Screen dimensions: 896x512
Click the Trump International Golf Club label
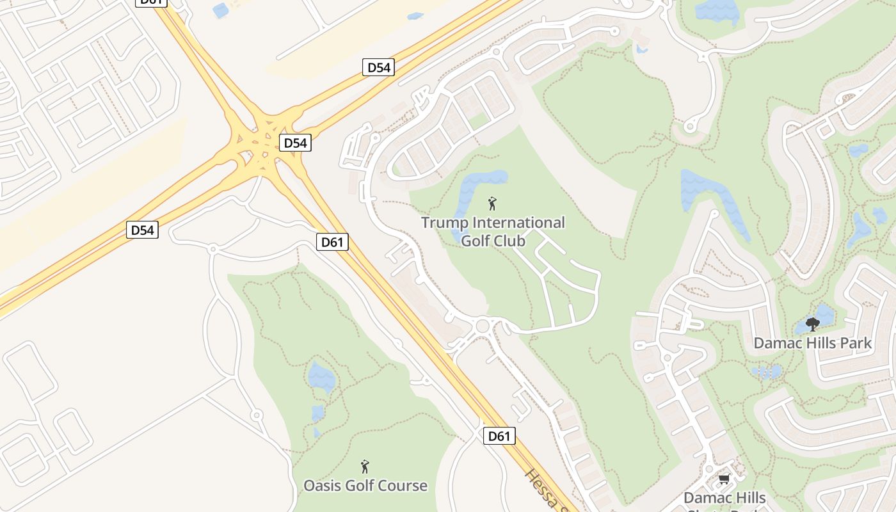point(493,232)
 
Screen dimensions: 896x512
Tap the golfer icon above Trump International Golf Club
point(492,204)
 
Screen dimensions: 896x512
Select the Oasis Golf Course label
point(365,486)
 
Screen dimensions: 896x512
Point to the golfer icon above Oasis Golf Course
point(365,466)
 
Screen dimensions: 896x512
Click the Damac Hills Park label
point(812,343)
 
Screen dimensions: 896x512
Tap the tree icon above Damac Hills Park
point(813,324)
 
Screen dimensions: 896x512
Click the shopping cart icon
point(724,479)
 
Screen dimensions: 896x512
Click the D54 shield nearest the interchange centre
point(295,143)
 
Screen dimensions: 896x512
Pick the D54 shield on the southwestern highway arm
point(142,230)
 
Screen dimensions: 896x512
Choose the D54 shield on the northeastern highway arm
point(378,67)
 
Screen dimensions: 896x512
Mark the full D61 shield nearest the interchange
point(333,242)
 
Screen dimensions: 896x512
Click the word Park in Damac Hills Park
point(854,343)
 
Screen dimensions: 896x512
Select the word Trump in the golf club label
point(444,223)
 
